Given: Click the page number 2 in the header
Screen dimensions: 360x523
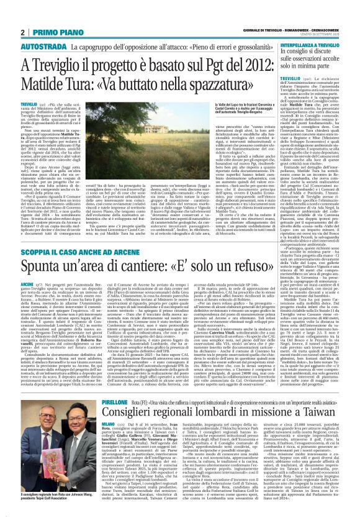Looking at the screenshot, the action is click(22, 32).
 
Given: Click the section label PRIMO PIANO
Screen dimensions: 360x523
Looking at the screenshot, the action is click(50, 32).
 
